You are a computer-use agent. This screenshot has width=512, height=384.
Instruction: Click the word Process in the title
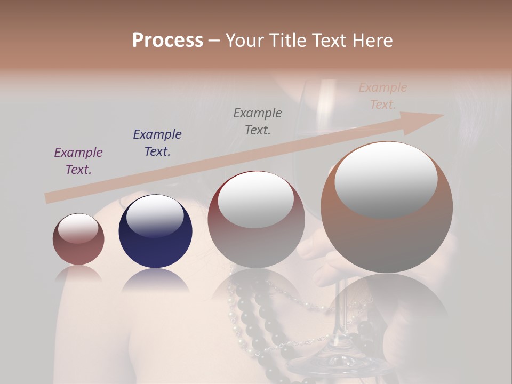[167, 41]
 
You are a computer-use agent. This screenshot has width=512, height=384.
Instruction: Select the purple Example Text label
[78, 161]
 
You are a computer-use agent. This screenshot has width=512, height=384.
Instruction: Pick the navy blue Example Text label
[157, 143]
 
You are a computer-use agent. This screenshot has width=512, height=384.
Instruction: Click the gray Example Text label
[258, 122]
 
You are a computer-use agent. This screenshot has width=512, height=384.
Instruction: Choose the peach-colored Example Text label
[383, 96]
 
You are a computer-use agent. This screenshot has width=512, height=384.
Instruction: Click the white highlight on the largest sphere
[386, 180]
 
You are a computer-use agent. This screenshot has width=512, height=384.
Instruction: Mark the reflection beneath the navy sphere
[155, 280]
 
